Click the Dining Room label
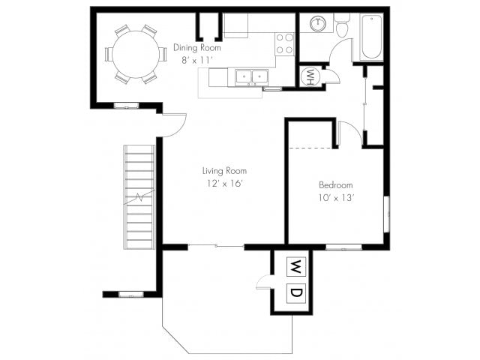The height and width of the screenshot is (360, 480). [x=196, y=48]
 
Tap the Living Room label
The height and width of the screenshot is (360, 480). [x=224, y=171]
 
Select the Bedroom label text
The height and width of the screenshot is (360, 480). [x=336, y=185]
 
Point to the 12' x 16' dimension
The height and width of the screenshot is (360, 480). [x=225, y=184]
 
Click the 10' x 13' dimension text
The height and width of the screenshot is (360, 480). [x=336, y=198]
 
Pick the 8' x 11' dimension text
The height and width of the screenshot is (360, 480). [x=196, y=60]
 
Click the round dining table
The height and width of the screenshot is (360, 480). [x=136, y=54]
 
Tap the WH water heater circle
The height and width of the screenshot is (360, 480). [x=310, y=77]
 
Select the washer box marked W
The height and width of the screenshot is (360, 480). [x=295, y=267]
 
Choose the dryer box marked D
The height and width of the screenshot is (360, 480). [x=295, y=293]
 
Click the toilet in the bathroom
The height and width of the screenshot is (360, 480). [x=342, y=25]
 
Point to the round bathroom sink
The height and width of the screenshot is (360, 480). [x=318, y=23]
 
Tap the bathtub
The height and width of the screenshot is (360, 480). [x=372, y=37]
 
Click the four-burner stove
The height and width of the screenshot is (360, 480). [x=285, y=44]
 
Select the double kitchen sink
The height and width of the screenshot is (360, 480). [x=252, y=76]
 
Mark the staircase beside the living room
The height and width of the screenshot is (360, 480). [x=139, y=197]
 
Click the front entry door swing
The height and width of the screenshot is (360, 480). [x=175, y=125]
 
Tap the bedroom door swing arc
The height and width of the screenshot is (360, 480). [x=351, y=133]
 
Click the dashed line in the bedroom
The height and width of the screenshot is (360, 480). [x=310, y=148]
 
